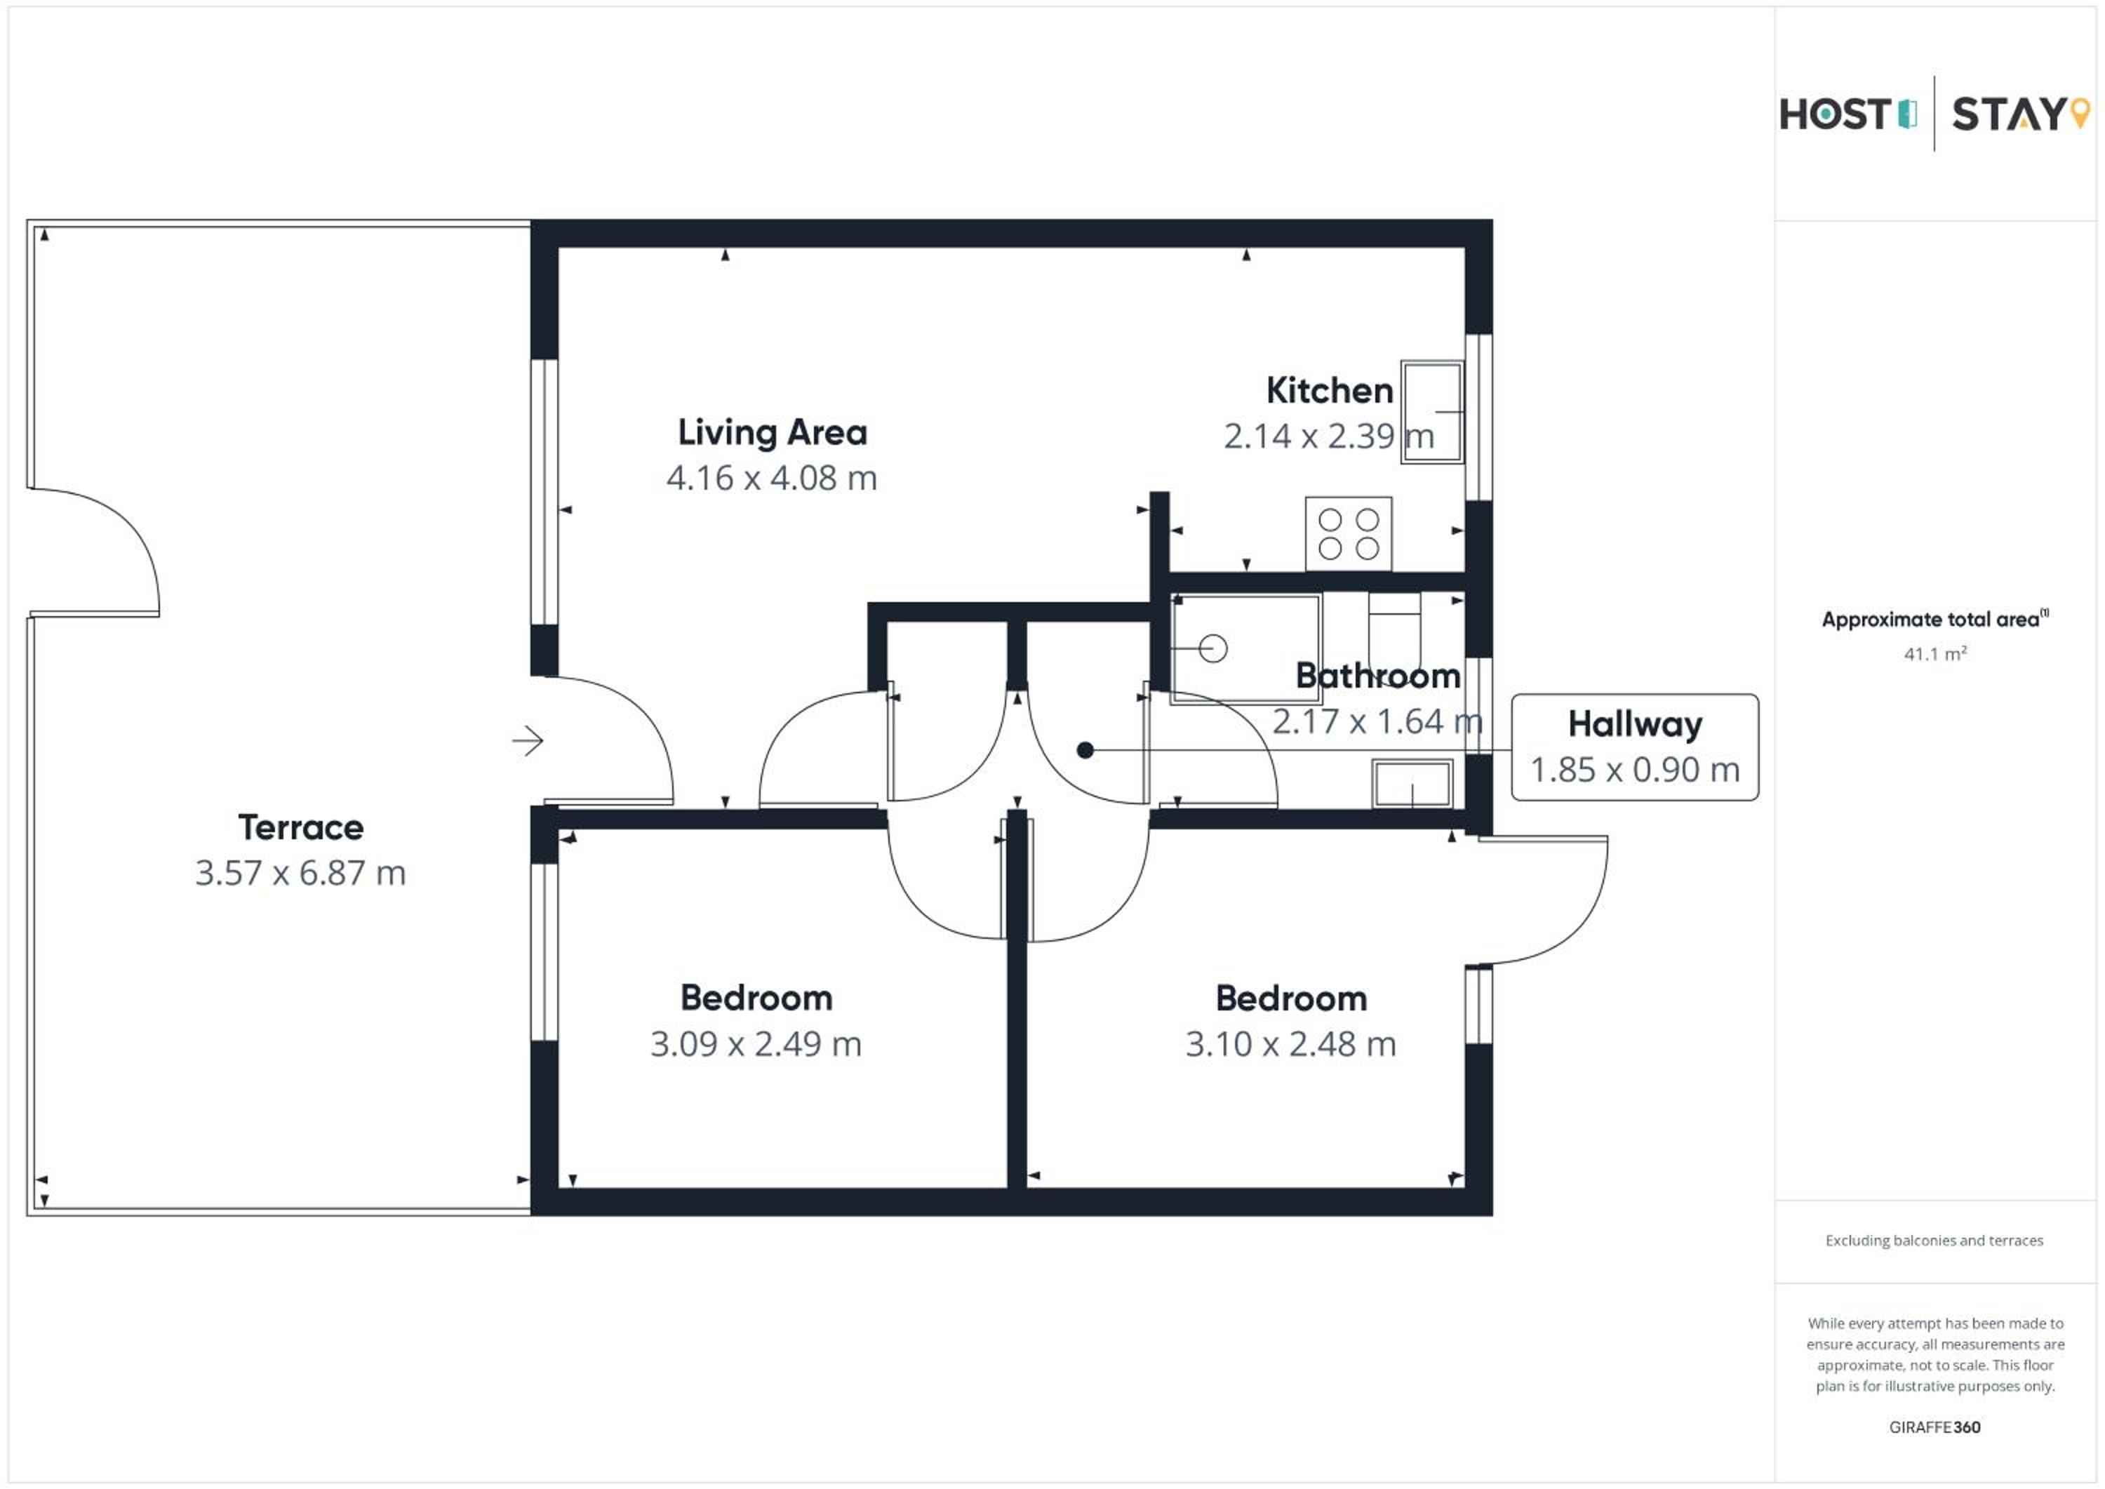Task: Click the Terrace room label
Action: click(301, 827)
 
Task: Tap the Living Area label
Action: click(772, 433)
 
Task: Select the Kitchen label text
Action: click(1330, 391)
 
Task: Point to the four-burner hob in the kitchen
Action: click(1348, 533)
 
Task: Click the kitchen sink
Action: click(1431, 412)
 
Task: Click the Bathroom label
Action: click(1378, 676)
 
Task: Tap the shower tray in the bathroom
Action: click(1246, 648)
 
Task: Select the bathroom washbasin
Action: click(1412, 784)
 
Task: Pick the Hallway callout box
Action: click(1635, 747)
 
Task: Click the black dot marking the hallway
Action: click(1085, 750)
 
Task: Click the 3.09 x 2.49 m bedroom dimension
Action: click(756, 1044)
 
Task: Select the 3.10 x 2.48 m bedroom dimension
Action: click(1291, 1044)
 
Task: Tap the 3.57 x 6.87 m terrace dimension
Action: click(301, 873)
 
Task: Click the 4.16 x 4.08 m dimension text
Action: click(772, 478)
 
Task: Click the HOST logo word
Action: click(1835, 114)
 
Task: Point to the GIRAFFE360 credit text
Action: click(1934, 1427)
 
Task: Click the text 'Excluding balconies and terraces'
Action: click(1934, 1241)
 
